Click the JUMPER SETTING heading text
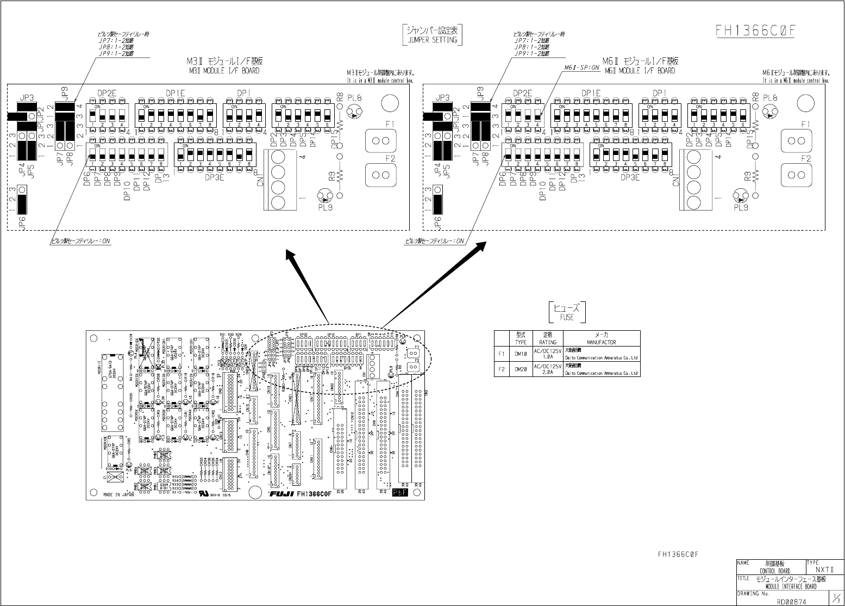click(x=433, y=40)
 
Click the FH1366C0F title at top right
click(x=755, y=30)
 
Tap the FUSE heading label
click(x=567, y=317)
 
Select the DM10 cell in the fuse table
click(x=521, y=354)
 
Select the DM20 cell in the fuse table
click(x=521, y=369)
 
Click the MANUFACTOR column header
click(x=602, y=342)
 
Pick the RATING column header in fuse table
click(x=547, y=342)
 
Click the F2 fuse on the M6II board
click(x=796, y=175)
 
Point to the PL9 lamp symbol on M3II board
click(x=327, y=196)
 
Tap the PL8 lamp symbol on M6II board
click(x=769, y=112)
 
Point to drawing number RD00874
click(x=792, y=601)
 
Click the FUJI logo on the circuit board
click(x=282, y=494)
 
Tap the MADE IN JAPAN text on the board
click(x=118, y=495)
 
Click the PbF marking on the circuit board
click(x=400, y=493)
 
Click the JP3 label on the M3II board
click(x=27, y=98)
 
